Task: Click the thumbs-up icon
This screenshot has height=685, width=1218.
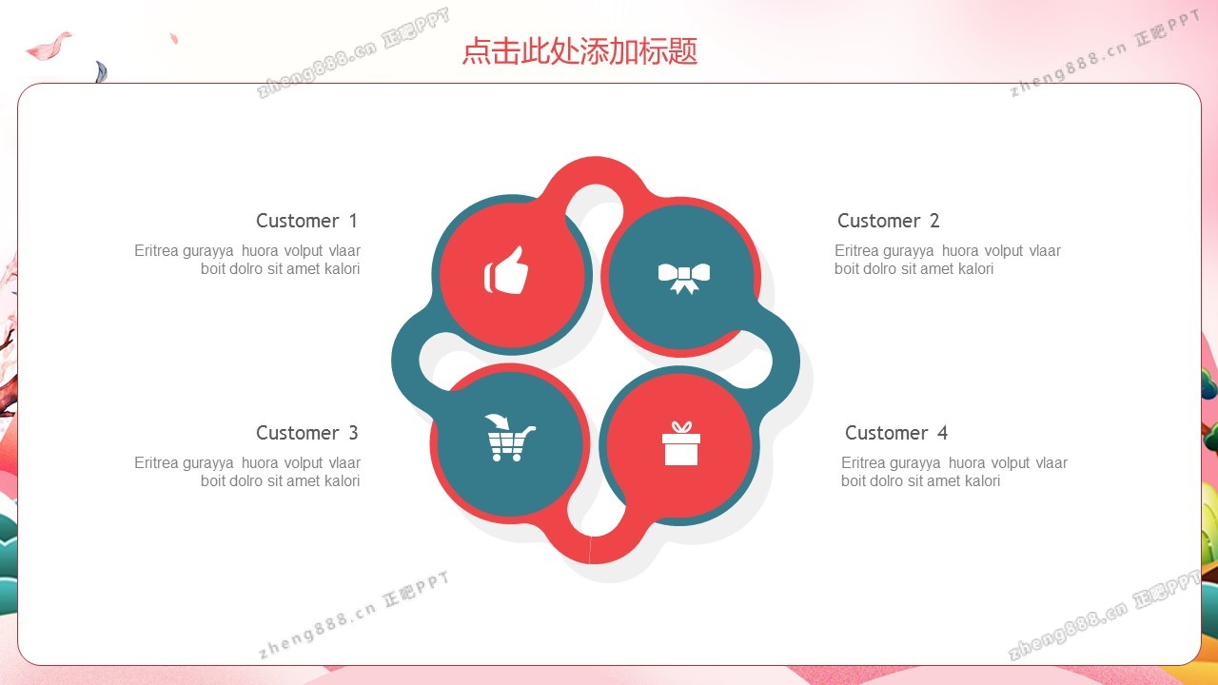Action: tap(505, 271)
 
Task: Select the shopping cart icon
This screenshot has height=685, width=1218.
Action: tap(509, 438)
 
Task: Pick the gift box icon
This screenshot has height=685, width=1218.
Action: tap(680, 443)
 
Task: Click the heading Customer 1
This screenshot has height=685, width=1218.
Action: tap(306, 221)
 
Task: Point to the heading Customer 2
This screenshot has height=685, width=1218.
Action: tap(888, 221)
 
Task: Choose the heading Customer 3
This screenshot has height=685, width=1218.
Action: tap(306, 433)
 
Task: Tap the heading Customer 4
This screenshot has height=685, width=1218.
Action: tap(896, 433)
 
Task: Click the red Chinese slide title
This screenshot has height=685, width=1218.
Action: tap(580, 51)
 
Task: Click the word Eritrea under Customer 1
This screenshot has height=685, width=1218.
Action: tap(157, 250)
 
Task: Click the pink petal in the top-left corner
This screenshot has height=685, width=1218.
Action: tap(48, 47)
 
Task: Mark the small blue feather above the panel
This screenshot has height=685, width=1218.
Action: tap(101, 71)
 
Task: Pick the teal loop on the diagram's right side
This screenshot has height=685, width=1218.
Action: tap(786, 360)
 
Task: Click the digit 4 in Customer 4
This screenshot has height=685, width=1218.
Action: tap(942, 433)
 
